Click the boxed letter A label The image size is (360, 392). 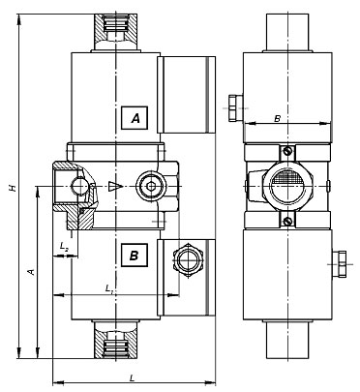(135, 118)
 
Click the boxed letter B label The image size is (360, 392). (135, 256)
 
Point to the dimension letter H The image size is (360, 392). (13, 188)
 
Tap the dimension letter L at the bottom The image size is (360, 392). (132, 377)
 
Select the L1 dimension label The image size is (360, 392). (109, 288)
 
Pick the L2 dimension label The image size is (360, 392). (64, 247)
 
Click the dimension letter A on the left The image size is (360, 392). (31, 272)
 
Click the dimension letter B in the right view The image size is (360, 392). (277, 119)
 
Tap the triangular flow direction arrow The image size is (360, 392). (115, 186)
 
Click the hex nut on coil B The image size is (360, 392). (187, 259)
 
